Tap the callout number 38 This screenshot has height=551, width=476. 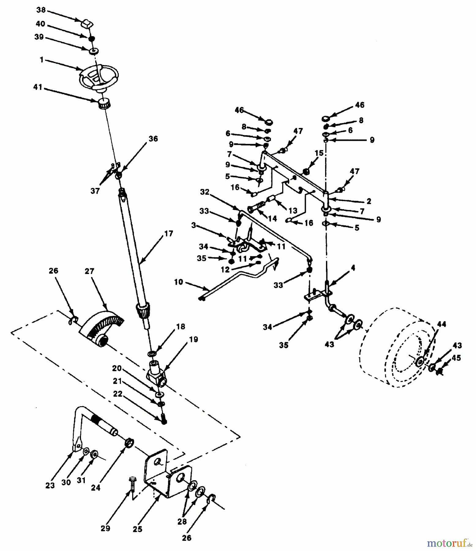(41, 10)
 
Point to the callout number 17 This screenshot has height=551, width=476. (168, 234)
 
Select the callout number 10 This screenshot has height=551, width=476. (178, 282)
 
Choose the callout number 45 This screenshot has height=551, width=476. (456, 358)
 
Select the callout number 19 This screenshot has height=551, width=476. (193, 339)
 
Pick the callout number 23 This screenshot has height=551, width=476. (50, 485)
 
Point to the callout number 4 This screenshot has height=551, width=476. (353, 268)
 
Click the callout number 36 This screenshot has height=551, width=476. (153, 139)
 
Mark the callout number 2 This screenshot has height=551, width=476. (369, 201)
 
